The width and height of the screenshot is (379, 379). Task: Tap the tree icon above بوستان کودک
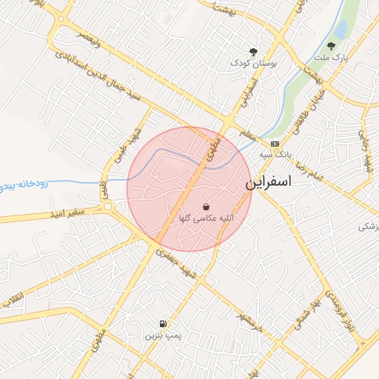(254, 52)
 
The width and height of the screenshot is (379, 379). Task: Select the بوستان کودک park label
(254, 64)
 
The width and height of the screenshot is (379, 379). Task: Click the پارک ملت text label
(330, 57)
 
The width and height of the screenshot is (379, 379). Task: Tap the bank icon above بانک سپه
(275, 144)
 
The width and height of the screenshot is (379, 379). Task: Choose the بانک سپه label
(275, 155)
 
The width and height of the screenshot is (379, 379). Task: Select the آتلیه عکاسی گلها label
(205, 219)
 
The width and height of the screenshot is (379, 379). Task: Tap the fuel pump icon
(162, 323)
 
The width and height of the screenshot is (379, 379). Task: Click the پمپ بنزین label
(162, 336)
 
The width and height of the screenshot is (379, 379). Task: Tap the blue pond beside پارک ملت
(341, 29)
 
